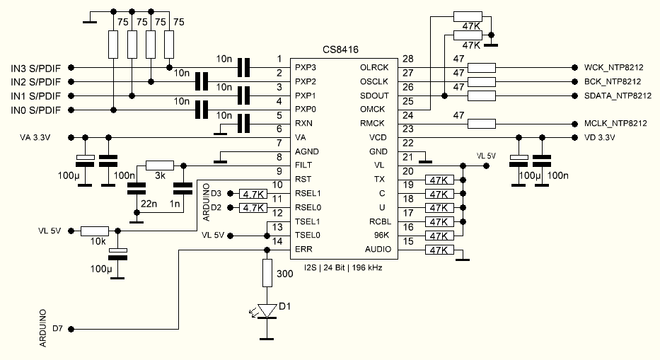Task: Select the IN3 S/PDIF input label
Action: coord(35,68)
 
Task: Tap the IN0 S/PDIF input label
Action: coord(35,110)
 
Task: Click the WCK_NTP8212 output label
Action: coord(614,68)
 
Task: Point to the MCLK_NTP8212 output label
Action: coord(615,123)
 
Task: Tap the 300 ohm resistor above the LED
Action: coord(267,272)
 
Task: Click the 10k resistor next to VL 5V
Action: coord(94,231)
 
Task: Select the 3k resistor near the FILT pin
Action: coord(159,165)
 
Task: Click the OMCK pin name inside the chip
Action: coord(372,109)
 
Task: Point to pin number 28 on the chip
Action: coord(407,59)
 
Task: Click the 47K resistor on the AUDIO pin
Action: coord(439,250)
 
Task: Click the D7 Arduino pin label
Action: coord(57,330)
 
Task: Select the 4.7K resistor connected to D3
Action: coord(253,194)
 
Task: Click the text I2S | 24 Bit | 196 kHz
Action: coord(342,267)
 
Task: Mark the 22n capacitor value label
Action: coord(149,204)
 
